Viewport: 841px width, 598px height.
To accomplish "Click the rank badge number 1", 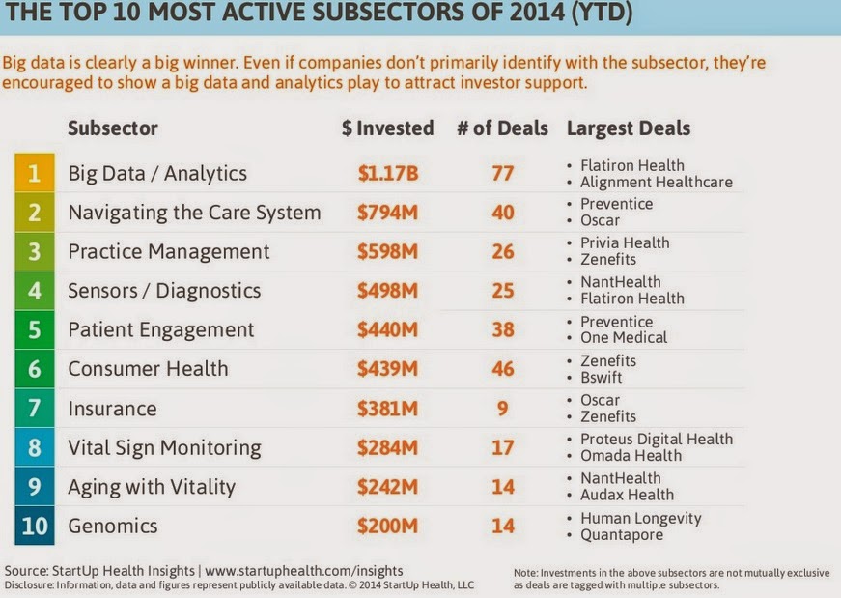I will tap(34, 174).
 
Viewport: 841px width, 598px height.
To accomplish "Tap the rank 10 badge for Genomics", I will tap(34, 527).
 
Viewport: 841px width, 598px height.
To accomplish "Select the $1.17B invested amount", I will tap(387, 174).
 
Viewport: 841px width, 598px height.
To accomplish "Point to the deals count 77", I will tap(502, 174).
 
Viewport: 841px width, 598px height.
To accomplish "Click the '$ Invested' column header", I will tap(387, 128).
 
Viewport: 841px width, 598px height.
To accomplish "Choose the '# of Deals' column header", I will tap(504, 128).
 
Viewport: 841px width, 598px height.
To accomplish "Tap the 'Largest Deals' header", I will tap(629, 128).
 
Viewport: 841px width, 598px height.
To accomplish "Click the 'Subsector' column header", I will tap(113, 128).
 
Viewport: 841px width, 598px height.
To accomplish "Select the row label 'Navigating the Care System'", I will tap(194, 213).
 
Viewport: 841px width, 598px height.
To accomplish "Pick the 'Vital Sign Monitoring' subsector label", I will tap(164, 448).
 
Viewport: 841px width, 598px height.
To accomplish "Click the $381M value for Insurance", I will tap(387, 409).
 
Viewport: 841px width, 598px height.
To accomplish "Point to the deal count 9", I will tap(502, 409).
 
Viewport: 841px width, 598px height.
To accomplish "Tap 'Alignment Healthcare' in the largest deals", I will tap(657, 182).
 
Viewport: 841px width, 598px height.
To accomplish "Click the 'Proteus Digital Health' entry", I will tap(657, 440).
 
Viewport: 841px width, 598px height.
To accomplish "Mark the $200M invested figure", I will tap(387, 527).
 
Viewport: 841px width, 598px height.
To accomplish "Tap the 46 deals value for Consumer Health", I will tap(502, 369).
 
